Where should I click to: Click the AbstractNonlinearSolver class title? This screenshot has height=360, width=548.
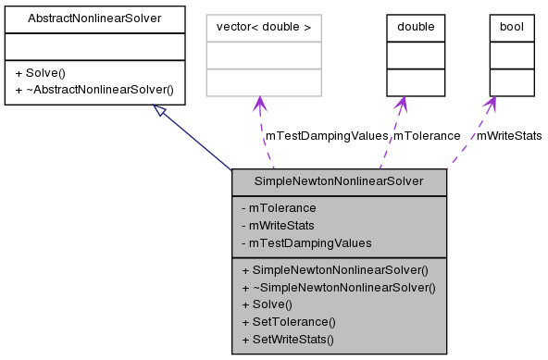(x=95, y=18)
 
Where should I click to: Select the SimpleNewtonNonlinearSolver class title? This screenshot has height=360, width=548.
(x=339, y=182)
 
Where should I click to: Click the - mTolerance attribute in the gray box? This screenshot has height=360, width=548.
(x=279, y=208)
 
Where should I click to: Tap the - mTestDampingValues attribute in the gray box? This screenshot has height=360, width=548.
(x=305, y=242)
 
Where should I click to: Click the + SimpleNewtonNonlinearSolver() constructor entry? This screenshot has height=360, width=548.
(x=334, y=270)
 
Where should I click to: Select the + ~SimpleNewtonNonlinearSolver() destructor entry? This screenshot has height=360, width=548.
(x=338, y=287)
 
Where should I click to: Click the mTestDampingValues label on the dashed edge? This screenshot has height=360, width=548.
(x=326, y=135)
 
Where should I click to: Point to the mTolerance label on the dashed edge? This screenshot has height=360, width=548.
(x=427, y=135)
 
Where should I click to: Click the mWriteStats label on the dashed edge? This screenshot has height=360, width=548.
(x=508, y=135)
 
